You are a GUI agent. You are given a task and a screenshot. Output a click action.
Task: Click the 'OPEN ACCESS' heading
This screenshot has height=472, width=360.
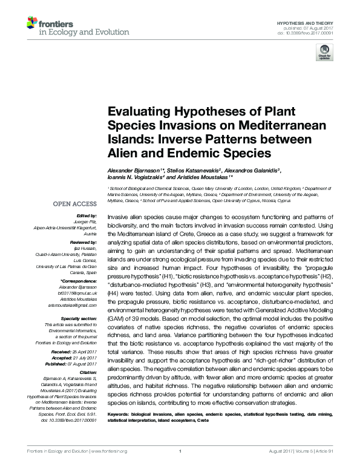click(75, 204)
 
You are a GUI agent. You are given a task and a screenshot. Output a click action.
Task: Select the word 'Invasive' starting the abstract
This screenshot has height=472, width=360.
click(119, 216)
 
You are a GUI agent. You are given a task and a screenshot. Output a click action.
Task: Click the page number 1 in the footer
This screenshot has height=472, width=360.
click(180, 467)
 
